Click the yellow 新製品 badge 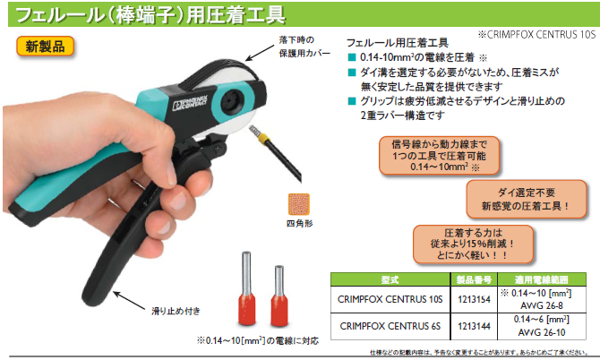pos(45,47)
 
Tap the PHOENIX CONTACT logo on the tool pos(190,103)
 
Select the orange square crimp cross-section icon pos(298,204)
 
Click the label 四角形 pos(300,223)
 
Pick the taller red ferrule pos(247,288)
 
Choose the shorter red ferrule pos(279,296)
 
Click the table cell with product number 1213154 pos(474,300)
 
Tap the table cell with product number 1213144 pos(474,326)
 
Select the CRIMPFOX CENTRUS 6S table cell pos(390,326)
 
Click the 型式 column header pos(390,279)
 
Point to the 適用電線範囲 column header pos(542,279)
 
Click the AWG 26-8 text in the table pos(542,305)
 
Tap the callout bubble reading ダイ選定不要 pos(527,200)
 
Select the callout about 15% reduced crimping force pos(473,244)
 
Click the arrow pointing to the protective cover pos(260,53)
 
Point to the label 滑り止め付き pos(176,311)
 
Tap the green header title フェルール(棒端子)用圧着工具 pos(150,14)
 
